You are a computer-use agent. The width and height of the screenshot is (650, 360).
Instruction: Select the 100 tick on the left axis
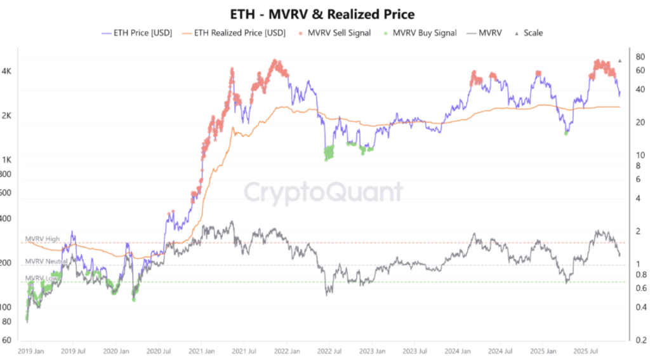click(6, 307)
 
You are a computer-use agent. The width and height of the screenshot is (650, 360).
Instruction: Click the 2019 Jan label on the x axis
click(30, 350)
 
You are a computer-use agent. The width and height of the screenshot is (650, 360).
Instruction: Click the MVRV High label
click(43, 239)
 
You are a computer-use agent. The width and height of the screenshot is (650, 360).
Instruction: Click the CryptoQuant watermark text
click(324, 191)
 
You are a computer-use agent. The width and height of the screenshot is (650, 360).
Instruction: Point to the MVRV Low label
click(41, 278)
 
